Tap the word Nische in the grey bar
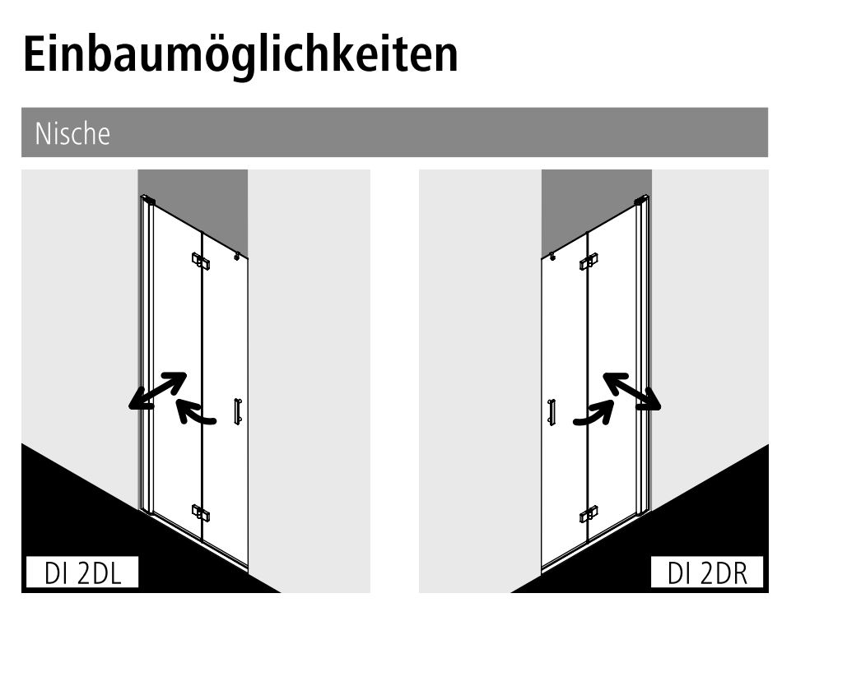(x=72, y=133)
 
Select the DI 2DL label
(x=82, y=572)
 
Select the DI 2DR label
(x=707, y=572)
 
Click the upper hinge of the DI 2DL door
(x=201, y=261)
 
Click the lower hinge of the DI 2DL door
(x=201, y=513)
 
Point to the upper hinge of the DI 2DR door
(x=589, y=261)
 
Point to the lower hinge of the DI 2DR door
(x=589, y=514)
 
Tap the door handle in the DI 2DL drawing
(x=237, y=411)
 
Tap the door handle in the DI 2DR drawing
(x=551, y=412)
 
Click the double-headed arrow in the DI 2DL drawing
(x=157, y=391)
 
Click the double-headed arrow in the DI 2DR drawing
(x=632, y=392)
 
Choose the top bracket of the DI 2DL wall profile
(x=147, y=200)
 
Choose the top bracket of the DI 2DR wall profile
(x=642, y=200)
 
